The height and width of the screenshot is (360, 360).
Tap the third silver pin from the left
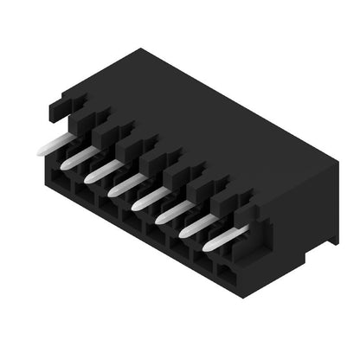99,170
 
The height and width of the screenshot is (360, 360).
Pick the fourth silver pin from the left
123,183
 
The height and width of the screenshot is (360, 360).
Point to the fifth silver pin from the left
147,196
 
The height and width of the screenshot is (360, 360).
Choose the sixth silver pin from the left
170,209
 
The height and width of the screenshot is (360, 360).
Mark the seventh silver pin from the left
195,223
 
